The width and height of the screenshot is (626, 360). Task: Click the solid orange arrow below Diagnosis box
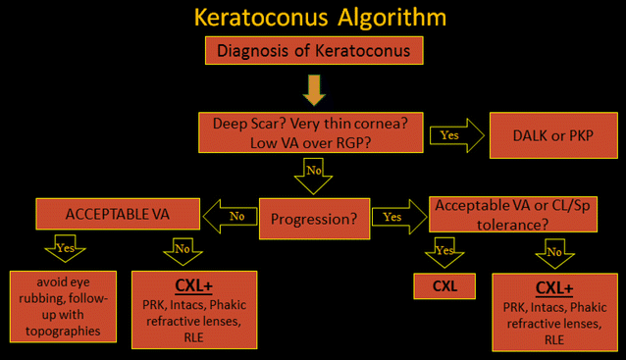coord(313,90)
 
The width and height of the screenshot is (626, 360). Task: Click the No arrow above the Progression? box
coord(313,178)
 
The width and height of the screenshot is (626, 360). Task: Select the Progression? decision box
coord(313,217)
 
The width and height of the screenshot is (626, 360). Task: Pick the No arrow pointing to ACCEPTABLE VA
coord(231,216)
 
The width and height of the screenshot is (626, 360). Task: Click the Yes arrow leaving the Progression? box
coord(395,216)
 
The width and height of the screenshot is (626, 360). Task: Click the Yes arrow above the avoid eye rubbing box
coord(65,249)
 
